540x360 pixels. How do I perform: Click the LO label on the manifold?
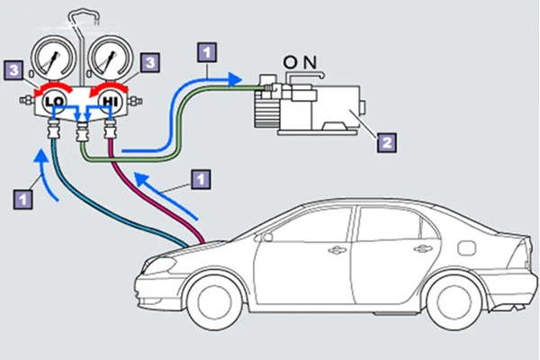point(52,103)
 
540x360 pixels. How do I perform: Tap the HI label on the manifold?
point(112,103)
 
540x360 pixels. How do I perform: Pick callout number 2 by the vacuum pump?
point(385,140)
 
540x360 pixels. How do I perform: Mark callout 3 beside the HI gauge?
point(151,63)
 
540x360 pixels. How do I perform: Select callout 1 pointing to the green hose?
point(207,51)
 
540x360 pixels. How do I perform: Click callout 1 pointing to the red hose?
point(202,179)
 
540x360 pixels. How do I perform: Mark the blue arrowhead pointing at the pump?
point(236,79)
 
